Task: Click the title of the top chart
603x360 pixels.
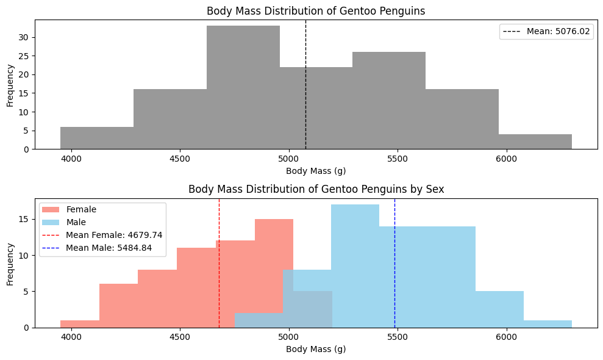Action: click(x=316, y=11)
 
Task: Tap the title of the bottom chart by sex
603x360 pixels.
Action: click(x=316, y=189)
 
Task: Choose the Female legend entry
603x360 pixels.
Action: click(x=81, y=209)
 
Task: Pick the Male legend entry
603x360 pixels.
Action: click(x=76, y=222)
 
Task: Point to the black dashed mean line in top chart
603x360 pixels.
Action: click(x=305, y=49)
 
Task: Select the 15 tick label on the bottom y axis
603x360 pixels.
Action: click(x=24, y=219)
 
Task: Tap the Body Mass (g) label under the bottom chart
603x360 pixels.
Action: click(x=316, y=350)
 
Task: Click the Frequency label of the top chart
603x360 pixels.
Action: click(x=10, y=84)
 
